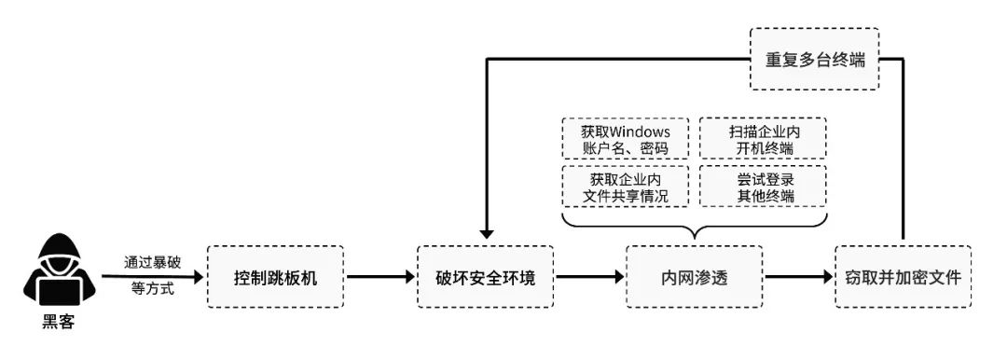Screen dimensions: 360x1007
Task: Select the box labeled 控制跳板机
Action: (x=275, y=277)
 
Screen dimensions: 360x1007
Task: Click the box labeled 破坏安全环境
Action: (x=485, y=277)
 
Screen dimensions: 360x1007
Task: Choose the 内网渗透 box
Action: (x=695, y=277)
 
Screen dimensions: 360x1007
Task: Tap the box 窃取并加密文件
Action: (x=903, y=277)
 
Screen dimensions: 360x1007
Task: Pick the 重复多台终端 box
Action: (x=814, y=59)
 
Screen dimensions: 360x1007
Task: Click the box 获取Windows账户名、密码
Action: (x=626, y=140)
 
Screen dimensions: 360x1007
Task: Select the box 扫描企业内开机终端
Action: (x=764, y=140)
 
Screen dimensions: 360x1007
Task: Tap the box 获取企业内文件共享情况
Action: (x=626, y=187)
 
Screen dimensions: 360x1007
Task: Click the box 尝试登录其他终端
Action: (x=764, y=187)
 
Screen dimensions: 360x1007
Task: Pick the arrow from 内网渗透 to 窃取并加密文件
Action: (x=798, y=277)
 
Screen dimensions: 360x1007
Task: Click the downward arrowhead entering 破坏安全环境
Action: (x=485, y=236)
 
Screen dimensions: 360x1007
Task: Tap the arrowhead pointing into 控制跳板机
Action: (x=197, y=277)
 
